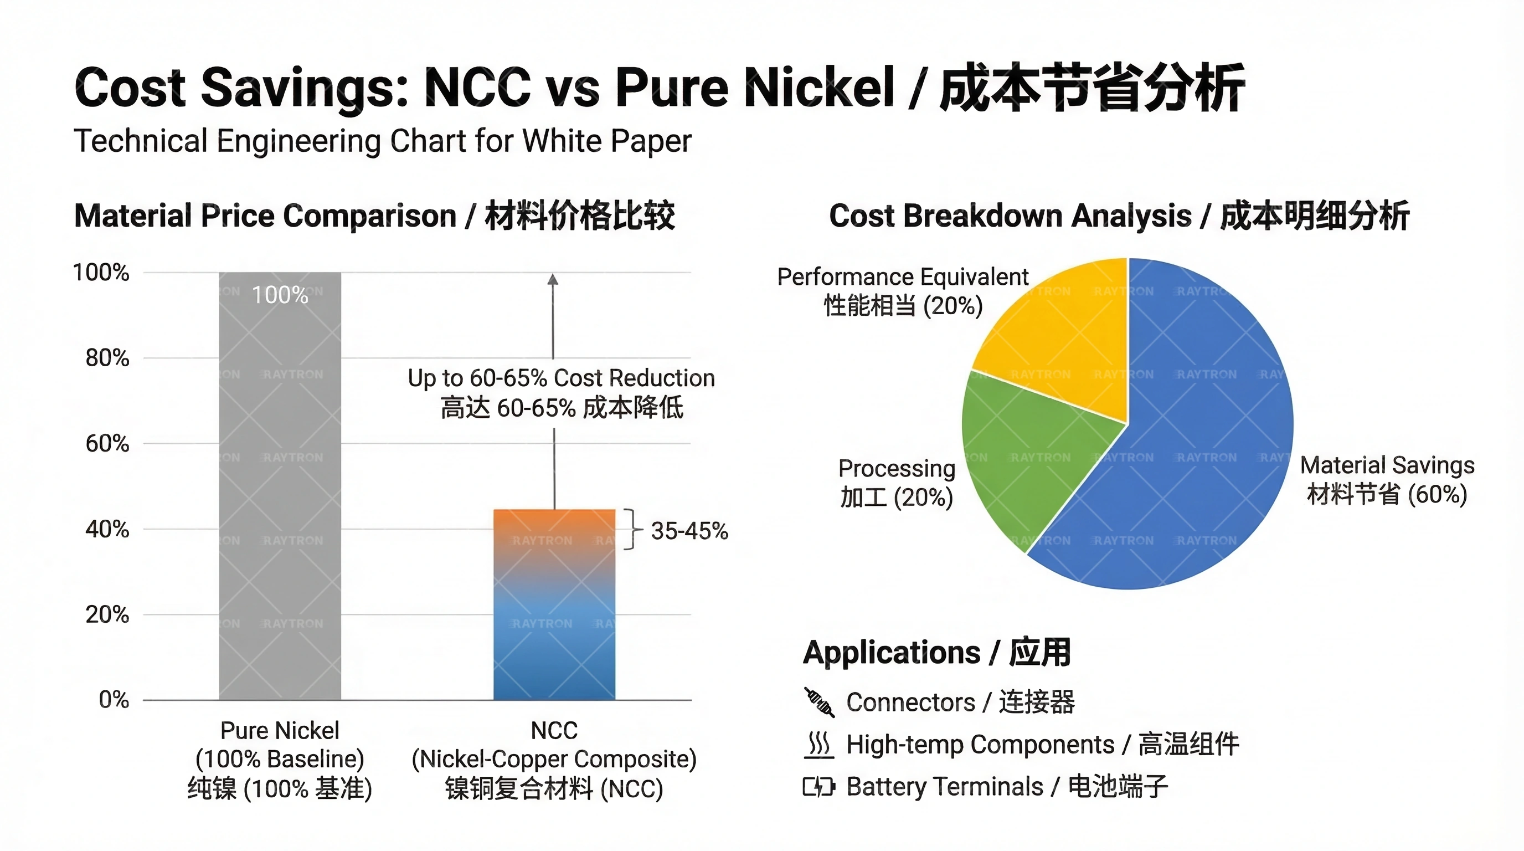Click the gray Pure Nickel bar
[280, 485]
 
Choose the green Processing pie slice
[1029, 455]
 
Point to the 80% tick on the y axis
[107, 358]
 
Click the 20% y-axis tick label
[107, 615]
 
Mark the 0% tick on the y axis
[114, 700]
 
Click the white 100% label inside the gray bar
[280, 295]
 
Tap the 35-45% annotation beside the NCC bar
[689, 531]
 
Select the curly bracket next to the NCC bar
[632, 529]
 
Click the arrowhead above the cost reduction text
[553, 280]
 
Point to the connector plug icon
[820, 703]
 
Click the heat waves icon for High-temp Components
[820, 745]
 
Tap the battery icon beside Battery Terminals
[820, 787]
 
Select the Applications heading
[936, 653]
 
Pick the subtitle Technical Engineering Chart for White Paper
[382, 141]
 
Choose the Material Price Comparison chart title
[374, 216]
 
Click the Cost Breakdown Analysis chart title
[1119, 216]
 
